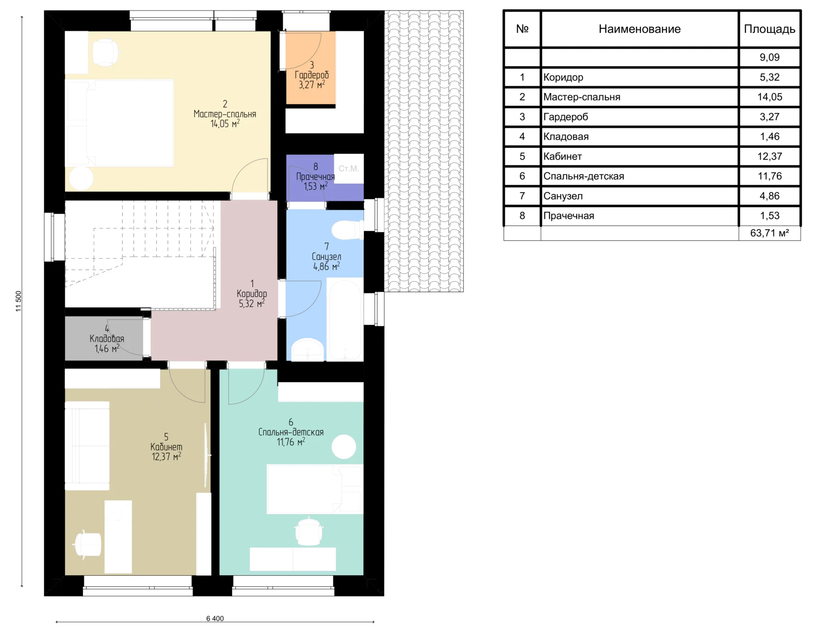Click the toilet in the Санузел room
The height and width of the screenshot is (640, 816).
tap(347, 230)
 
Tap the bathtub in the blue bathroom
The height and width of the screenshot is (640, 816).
tap(345, 320)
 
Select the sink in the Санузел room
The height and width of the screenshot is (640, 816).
tap(307, 349)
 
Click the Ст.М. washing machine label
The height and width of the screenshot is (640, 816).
tap(349, 169)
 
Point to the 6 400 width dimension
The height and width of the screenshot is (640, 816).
tap(215, 618)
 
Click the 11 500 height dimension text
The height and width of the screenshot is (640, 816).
tap(19, 301)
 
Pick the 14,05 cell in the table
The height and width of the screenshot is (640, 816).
tap(769, 97)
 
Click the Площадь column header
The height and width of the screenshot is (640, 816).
tap(769, 29)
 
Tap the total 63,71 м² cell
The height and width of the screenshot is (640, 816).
tap(769, 233)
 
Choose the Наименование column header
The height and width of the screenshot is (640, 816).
tap(639, 29)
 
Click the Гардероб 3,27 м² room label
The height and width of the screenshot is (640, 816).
tap(311, 75)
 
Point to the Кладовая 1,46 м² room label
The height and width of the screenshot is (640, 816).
tap(107, 339)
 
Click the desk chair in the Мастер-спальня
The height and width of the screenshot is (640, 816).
tap(106, 52)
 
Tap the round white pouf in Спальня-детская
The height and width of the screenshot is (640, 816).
tap(344, 447)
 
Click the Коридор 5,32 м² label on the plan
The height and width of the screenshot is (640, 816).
tap(252, 294)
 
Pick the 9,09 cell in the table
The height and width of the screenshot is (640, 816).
tap(769, 58)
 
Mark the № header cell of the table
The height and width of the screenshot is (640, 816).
tap(522, 29)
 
